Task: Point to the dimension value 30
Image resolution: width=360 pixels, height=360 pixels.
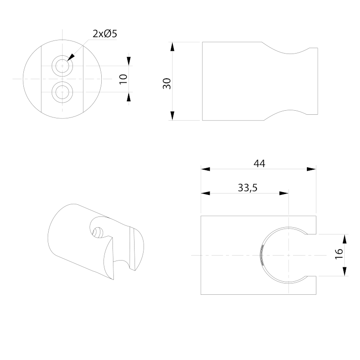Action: pos(167,83)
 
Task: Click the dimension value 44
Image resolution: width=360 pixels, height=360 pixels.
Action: pos(259,164)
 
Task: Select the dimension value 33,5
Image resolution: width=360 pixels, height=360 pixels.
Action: pos(247,188)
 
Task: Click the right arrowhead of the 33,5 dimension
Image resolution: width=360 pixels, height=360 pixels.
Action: pos(283,193)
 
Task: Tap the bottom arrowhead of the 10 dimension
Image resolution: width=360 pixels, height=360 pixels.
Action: pos(129,97)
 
